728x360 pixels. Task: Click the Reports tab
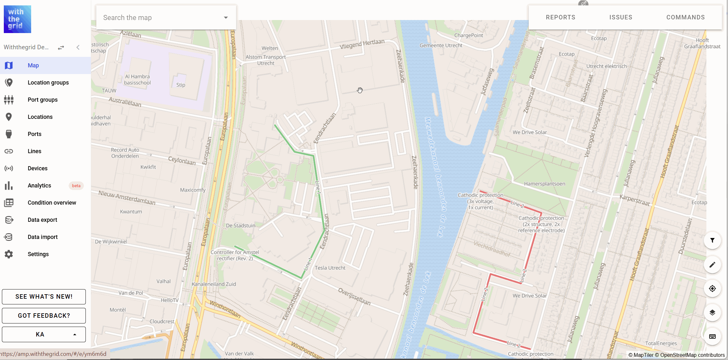[x=561, y=17]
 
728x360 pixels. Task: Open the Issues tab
[x=621, y=17]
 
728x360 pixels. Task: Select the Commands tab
[x=685, y=17]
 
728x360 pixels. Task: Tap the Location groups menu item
[x=48, y=83]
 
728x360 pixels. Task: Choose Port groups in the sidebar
[x=43, y=100]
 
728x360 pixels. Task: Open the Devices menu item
[x=37, y=168]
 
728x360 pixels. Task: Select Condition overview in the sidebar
[x=52, y=203]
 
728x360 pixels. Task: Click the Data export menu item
[x=42, y=220]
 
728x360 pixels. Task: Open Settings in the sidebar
[x=38, y=254]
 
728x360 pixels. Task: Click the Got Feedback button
[x=44, y=316]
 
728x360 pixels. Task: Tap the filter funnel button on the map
[x=712, y=241]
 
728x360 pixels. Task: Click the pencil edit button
[x=712, y=265]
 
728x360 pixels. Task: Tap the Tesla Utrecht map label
[x=330, y=268]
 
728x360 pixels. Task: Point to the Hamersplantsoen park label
[x=544, y=184]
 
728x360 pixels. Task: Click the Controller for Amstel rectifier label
[x=235, y=255]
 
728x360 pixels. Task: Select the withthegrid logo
[x=17, y=19]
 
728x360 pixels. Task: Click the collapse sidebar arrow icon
[x=78, y=47]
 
